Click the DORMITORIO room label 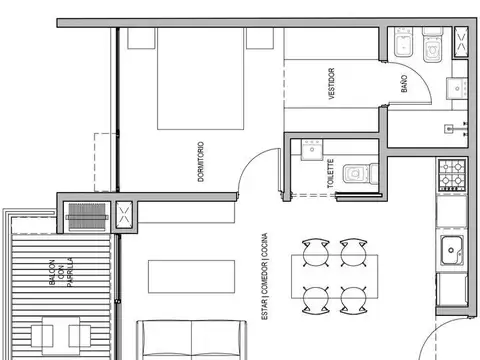click(201, 157)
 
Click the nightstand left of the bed click(141, 39)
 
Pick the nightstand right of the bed click(262, 39)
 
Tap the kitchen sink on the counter click(452, 251)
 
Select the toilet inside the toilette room click(355, 174)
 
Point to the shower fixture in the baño click(461, 128)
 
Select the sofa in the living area click(193, 340)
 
